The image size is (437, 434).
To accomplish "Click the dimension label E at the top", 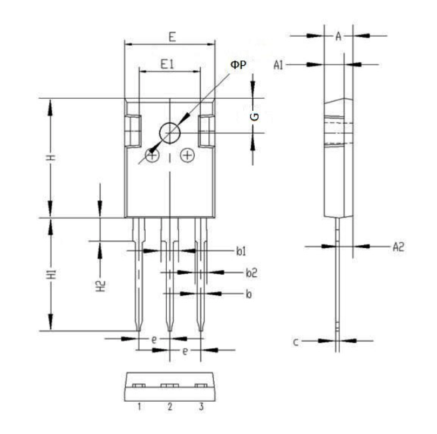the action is tap(172, 37).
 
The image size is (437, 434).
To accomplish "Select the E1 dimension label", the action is tap(167, 64).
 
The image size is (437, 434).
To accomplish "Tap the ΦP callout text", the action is tap(238, 65).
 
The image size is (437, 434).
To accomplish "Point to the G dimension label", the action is tap(255, 117).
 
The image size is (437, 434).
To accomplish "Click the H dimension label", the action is tap(51, 158).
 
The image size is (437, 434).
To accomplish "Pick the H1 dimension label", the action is tap(52, 274).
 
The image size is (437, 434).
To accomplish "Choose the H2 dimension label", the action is tap(101, 286).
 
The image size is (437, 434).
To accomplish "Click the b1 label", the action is tap(241, 252).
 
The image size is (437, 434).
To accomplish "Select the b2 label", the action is tap(251, 273).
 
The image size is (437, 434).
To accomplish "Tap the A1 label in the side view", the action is tap(278, 65).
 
